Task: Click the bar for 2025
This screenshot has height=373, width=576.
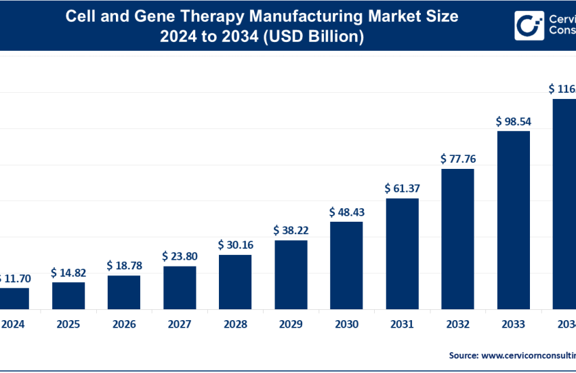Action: pos(68,295)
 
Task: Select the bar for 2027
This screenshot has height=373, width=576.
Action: pos(180,287)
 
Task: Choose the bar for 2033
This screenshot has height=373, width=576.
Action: pos(513,219)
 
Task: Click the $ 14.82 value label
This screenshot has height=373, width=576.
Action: pos(68,273)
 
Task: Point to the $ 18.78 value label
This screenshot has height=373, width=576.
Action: pos(124,265)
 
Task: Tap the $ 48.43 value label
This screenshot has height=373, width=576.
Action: pos(346,212)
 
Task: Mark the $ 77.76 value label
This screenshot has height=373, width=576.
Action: pos(457,159)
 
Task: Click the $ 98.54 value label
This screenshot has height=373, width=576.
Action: pos(513,121)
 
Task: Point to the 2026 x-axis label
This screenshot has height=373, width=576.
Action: pos(124,325)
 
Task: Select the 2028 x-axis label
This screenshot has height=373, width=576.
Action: pos(235,325)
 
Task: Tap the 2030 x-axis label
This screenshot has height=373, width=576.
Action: pos(346,325)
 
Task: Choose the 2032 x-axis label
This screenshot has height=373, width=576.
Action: pos(457,325)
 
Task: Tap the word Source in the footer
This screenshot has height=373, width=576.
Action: pos(463,355)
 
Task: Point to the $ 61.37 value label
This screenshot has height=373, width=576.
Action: pos(402,189)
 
